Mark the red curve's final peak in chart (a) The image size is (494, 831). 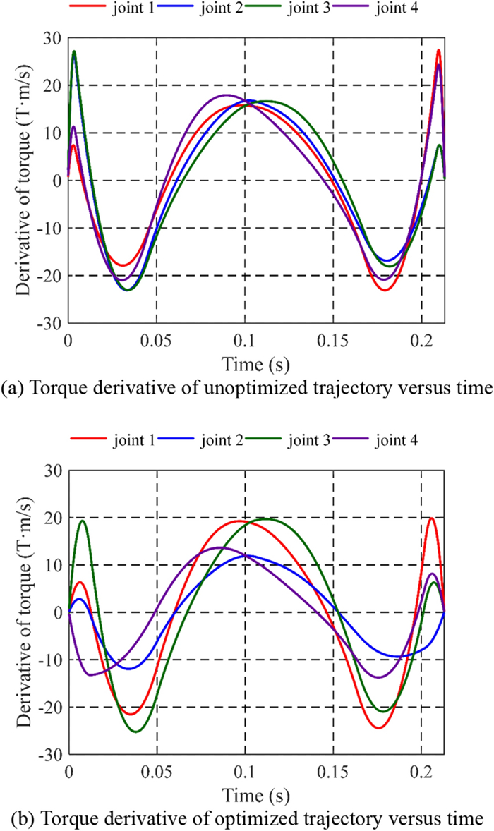[x=438, y=50]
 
